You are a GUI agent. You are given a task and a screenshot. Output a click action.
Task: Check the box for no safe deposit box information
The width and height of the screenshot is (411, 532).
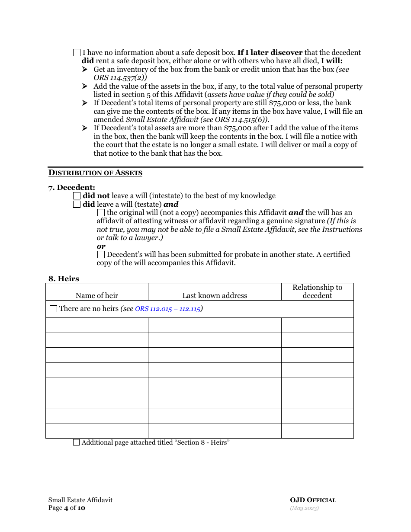point(77,53)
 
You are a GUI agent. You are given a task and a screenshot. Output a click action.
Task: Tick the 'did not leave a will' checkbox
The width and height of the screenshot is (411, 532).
point(77,196)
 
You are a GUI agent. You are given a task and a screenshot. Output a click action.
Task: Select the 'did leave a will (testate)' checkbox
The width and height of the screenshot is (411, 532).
point(77,205)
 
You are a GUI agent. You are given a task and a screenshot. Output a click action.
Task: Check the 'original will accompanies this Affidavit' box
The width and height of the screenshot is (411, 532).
point(101,213)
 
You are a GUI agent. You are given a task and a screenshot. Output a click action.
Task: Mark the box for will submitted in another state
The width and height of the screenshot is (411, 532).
point(101,255)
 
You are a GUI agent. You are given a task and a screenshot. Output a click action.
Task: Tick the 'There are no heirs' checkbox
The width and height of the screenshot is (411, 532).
point(53,309)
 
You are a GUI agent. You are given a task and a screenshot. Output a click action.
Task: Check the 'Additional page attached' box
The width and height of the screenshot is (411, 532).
point(77,442)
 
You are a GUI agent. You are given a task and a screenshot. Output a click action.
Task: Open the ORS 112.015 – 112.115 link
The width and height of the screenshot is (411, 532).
point(168,309)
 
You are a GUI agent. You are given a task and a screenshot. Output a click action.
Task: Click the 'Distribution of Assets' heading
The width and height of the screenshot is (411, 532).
point(95,173)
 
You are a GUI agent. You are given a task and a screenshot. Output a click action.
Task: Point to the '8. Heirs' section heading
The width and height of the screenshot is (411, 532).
point(64,279)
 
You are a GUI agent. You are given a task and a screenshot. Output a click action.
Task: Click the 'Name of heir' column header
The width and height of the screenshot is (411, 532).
point(96,296)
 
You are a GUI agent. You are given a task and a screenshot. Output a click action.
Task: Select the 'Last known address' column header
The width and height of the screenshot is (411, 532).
point(215,296)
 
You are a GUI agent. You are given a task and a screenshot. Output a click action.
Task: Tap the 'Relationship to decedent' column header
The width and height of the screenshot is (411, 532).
point(317,292)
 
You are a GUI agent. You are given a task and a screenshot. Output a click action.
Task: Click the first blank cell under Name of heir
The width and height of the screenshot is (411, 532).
point(96,325)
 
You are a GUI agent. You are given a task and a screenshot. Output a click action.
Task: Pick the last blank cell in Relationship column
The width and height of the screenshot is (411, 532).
point(317,431)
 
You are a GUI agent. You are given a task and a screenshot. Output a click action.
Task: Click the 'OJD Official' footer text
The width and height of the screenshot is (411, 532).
point(313,500)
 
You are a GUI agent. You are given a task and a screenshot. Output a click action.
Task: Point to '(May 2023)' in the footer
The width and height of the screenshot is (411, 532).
point(304,508)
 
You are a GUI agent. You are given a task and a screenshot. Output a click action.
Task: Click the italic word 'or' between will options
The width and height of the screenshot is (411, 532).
point(101,247)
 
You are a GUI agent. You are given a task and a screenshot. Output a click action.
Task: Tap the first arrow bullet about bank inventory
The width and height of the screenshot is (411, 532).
point(85,70)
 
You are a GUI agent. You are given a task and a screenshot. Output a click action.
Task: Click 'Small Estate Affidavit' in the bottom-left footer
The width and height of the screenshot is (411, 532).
point(80,500)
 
